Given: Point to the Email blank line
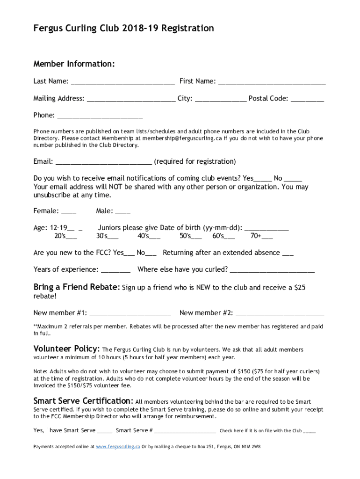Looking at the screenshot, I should [104, 162].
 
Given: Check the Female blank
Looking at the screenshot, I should [69, 212].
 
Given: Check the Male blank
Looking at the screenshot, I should [123, 212].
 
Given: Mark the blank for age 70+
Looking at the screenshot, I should [267, 237].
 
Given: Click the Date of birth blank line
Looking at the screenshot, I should [266, 229].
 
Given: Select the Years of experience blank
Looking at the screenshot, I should [115, 270].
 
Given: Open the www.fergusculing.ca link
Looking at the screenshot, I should [118, 447].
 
